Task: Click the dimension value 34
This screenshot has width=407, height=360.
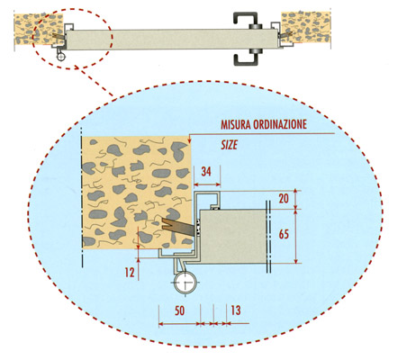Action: pyautogui.click(x=206, y=172)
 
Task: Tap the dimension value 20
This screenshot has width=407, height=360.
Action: pyautogui.click(x=284, y=199)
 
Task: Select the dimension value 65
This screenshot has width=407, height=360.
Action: pyautogui.click(x=284, y=234)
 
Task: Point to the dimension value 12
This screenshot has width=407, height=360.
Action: pyautogui.click(x=130, y=272)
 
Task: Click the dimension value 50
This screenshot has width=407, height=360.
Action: pyautogui.click(x=179, y=310)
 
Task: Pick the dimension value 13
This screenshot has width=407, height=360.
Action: pyautogui.click(x=236, y=310)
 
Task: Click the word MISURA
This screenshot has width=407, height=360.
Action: pyautogui.click(x=236, y=124)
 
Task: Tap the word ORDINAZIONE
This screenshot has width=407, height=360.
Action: pyautogui.click(x=280, y=124)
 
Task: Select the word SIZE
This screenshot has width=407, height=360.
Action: pyautogui.click(x=230, y=145)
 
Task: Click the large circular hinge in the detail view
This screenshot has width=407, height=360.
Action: pyautogui.click(x=185, y=283)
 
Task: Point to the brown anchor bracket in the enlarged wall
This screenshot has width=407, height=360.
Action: pyautogui.click(x=177, y=227)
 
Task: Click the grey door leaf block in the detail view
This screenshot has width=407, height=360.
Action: pyautogui.click(x=233, y=237)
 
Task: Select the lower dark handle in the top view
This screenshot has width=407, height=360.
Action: pyautogui.click(x=245, y=58)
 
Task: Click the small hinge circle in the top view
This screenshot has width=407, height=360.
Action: pyautogui.click(x=61, y=56)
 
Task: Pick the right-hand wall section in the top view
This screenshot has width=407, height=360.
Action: pyautogui.click(x=305, y=27)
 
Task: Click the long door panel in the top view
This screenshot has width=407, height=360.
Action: pyautogui.click(x=173, y=39)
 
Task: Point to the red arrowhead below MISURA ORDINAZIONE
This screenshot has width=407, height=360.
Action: pyautogui.click(x=189, y=140)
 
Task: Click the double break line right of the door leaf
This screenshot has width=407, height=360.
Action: pyautogui.click(x=268, y=237)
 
